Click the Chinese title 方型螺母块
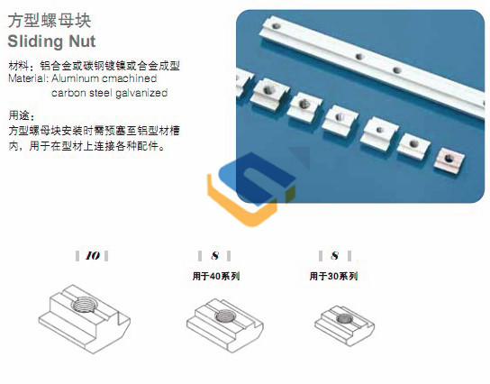click(50, 21)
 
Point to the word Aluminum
click(75, 78)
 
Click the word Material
click(27, 78)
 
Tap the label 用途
click(21, 115)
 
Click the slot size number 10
click(93, 256)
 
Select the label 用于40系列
click(216, 276)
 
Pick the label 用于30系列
click(333, 276)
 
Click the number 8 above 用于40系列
click(214, 256)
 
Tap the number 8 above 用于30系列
click(335, 256)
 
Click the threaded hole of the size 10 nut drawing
click(83, 304)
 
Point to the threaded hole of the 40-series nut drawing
click(224, 316)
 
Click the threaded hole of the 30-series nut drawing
click(345, 318)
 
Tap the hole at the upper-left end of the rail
click(276, 26)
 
